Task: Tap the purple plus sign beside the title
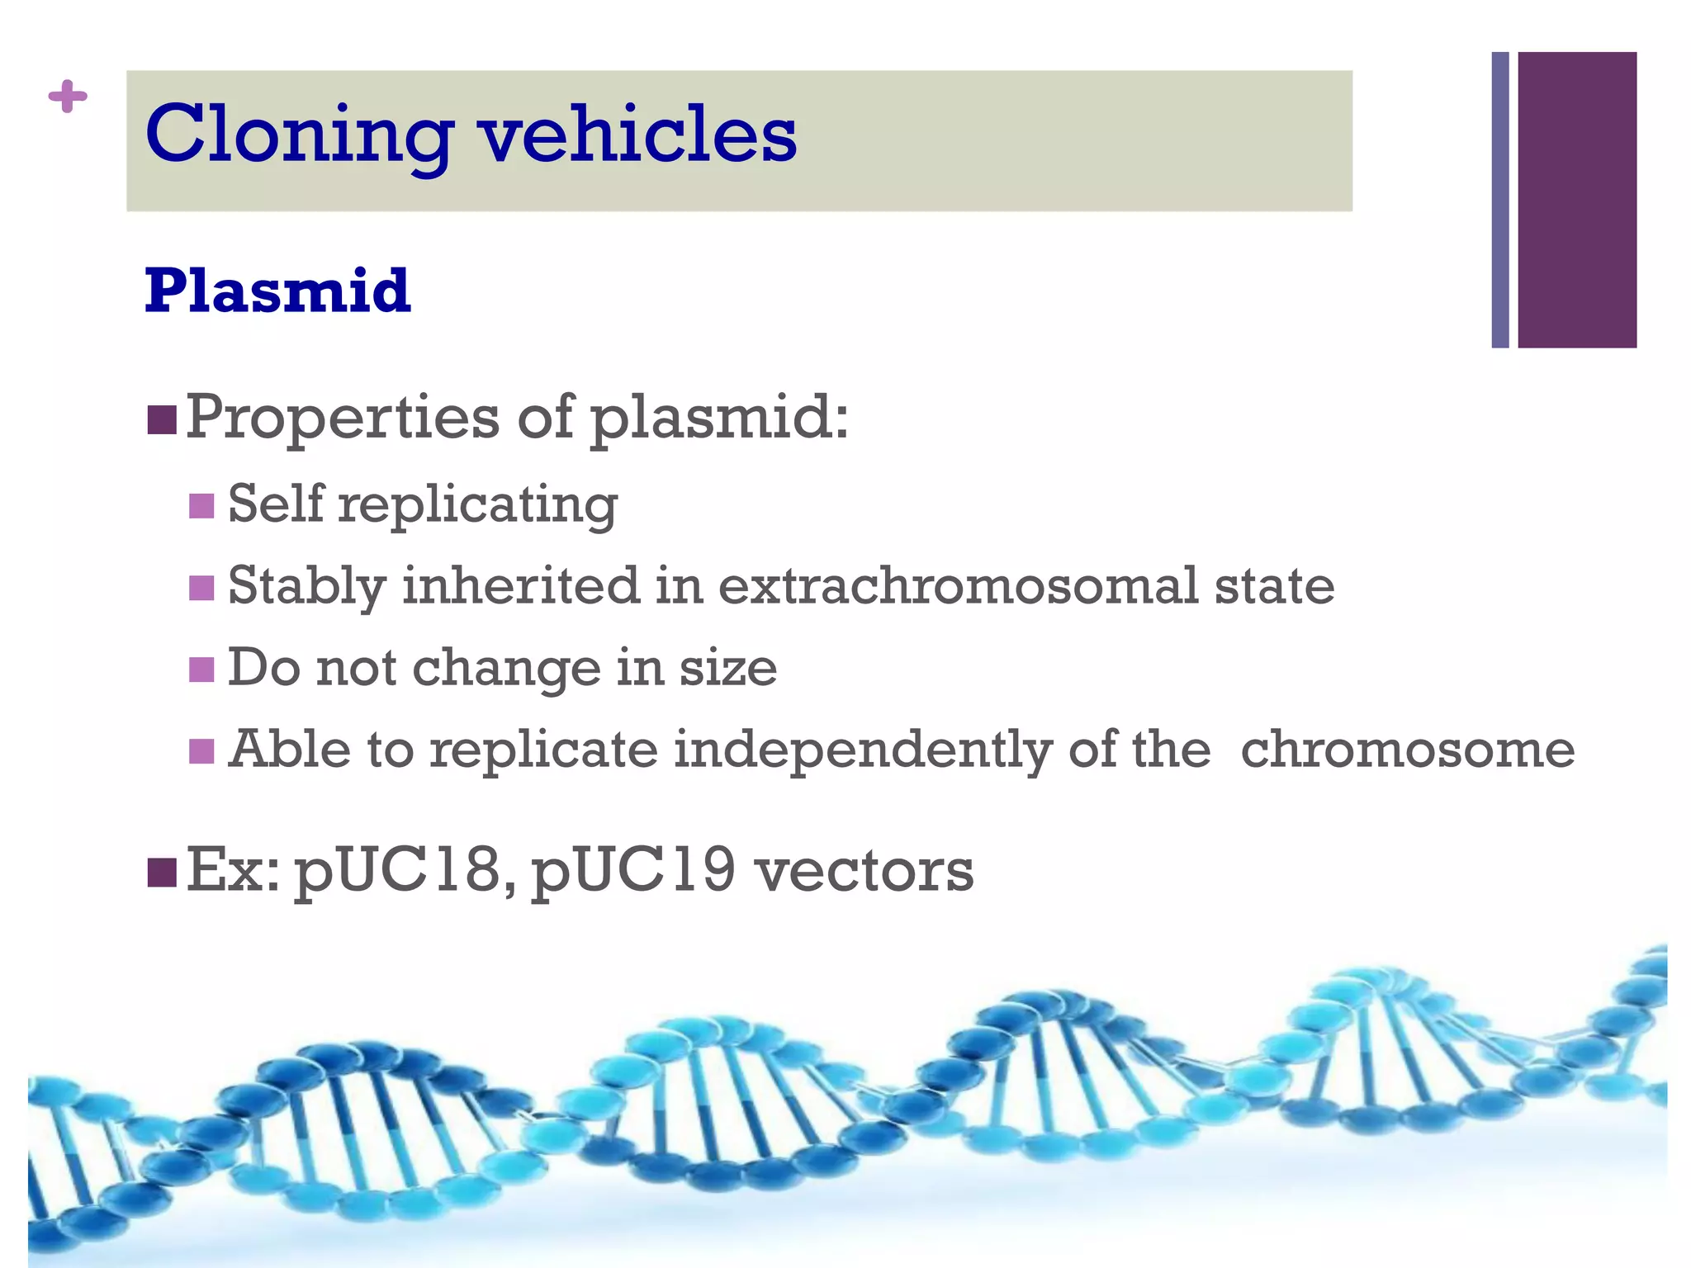pyautogui.click(x=68, y=97)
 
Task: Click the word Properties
pyautogui.click(x=342, y=419)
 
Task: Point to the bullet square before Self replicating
pyautogui.click(x=201, y=505)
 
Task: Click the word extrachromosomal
pyautogui.click(x=958, y=585)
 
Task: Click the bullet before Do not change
pyautogui.click(x=201, y=669)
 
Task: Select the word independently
pyautogui.click(x=863, y=751)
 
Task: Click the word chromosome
pyautogui.click(x=1407, y=750)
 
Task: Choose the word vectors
pyautogui.click(x=864, y=872)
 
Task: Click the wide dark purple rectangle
pyautogui.click(x=1576, y=200)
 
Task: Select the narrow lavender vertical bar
pyautogui.click(x=1500, y=200)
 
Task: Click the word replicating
pyautogui.click(x=477, y=504)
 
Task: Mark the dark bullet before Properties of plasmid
pyautogui.click(x=162, y=419)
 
